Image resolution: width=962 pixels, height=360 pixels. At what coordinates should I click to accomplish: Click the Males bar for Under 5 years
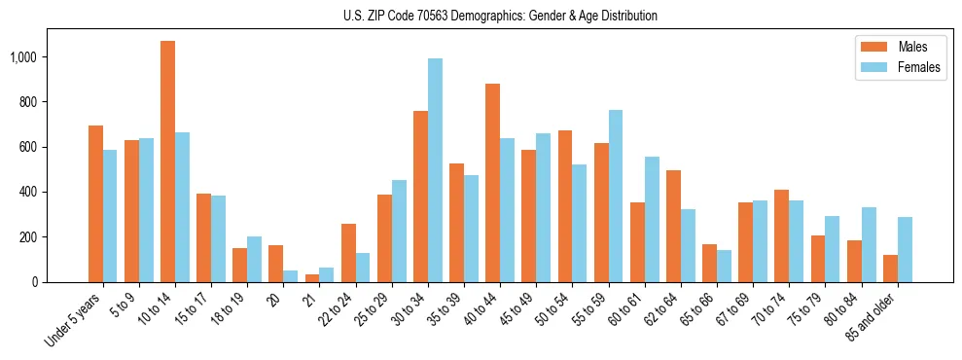point(95,203)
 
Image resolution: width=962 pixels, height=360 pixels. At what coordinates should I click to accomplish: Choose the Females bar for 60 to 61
point(652,219)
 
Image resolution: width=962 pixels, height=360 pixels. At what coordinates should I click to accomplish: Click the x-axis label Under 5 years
point(73,321)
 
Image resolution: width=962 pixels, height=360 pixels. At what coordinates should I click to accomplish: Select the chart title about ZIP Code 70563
point(500,16)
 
